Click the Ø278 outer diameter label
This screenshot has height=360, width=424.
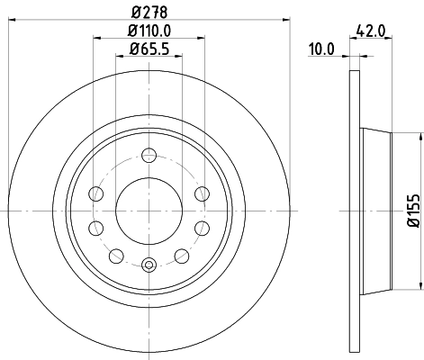[150, 12]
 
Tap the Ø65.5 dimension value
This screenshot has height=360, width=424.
[150, 50]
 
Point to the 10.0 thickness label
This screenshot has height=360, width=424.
[320, 50]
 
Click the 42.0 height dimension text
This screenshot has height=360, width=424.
[371, 30]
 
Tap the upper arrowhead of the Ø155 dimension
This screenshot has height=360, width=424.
[420, 137]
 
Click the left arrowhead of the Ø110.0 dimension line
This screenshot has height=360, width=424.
[96, 39]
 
